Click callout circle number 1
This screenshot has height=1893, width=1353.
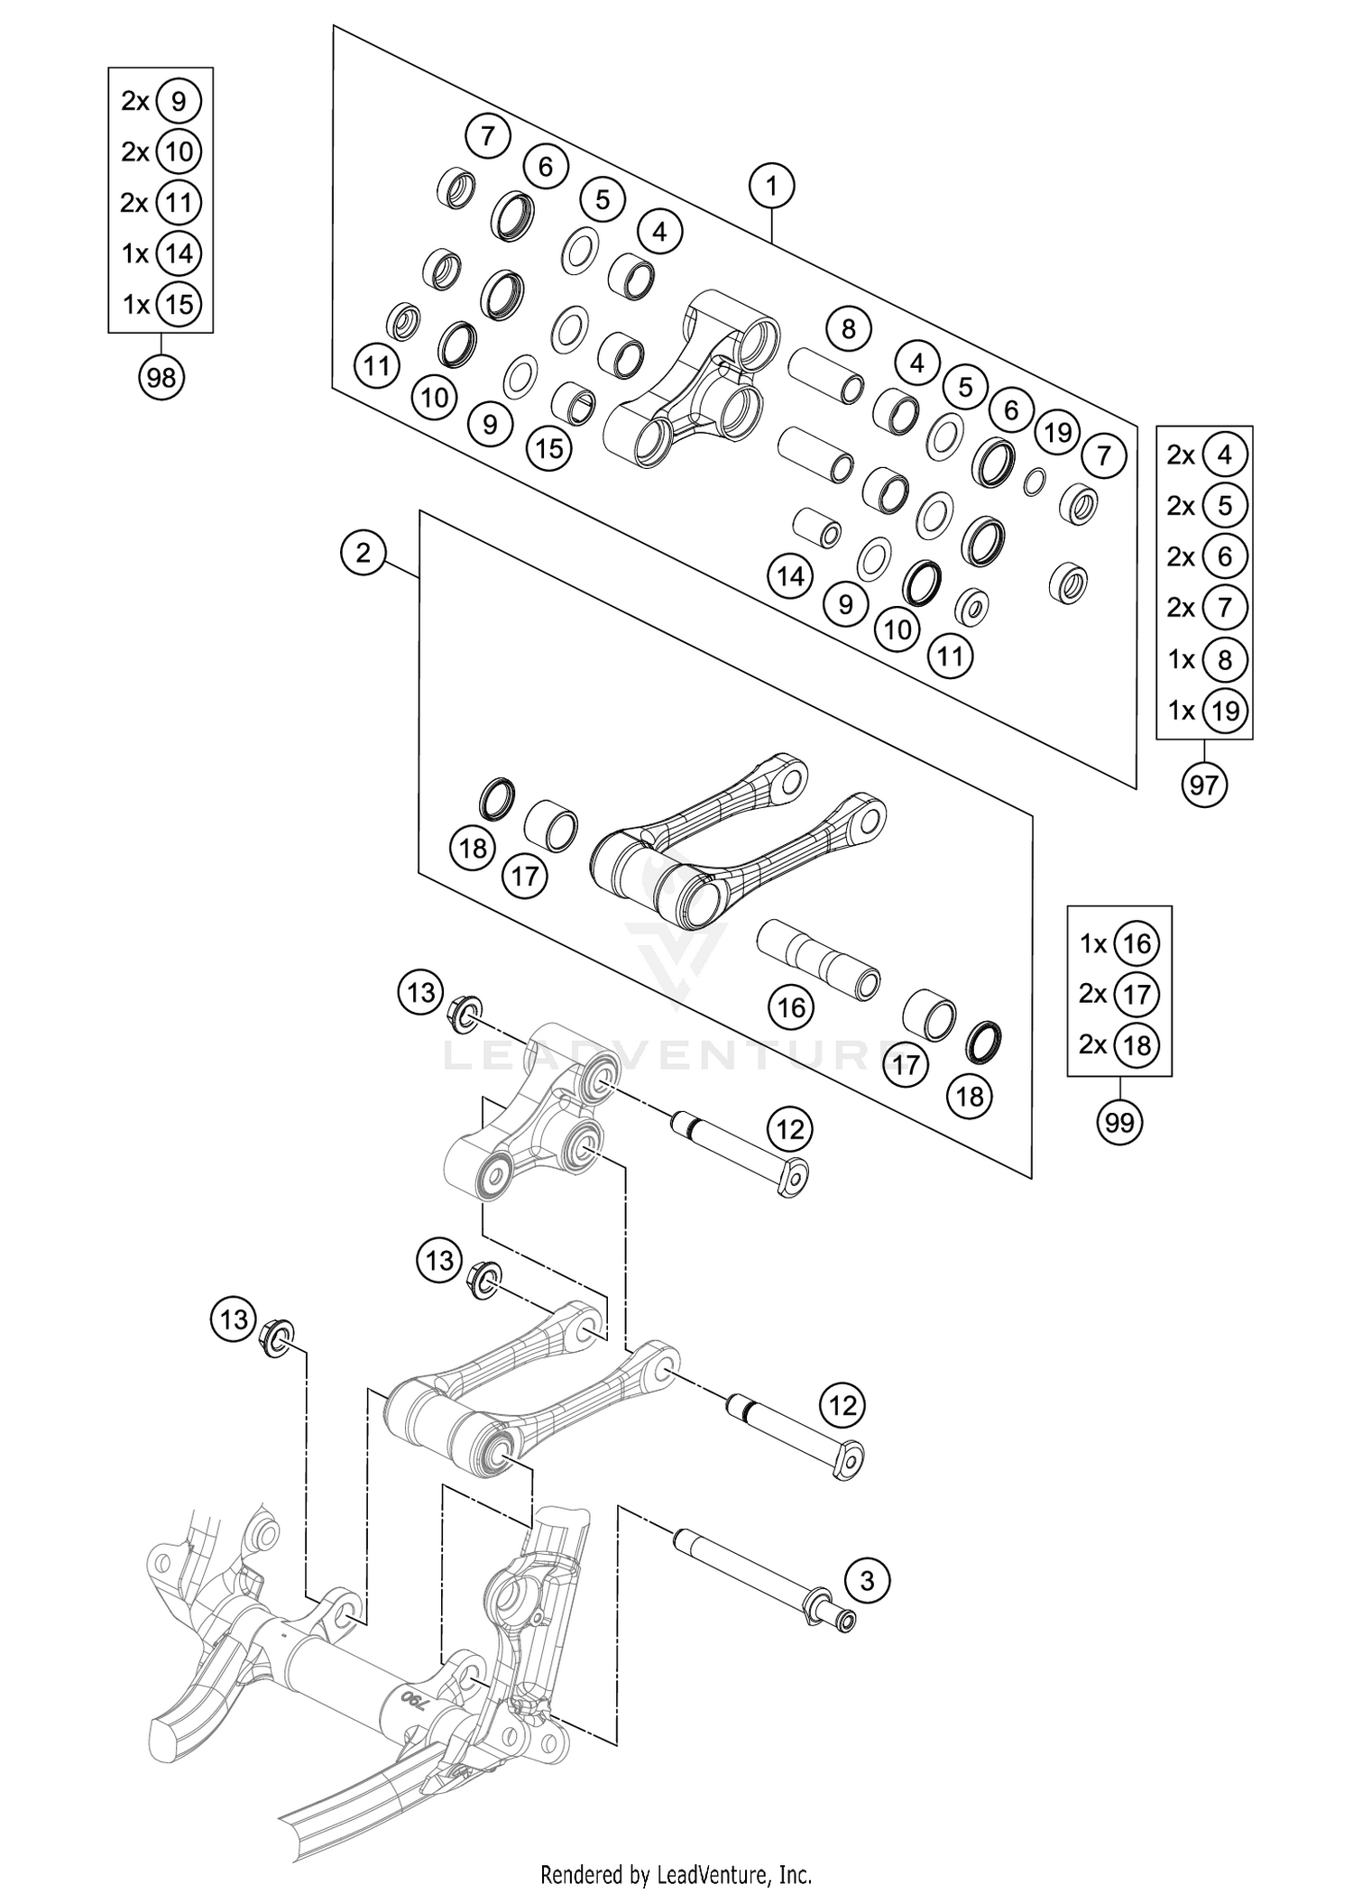tap(771, 187)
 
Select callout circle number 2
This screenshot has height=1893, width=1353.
tap(363, 552)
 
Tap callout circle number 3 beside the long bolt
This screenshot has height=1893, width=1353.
tap(867, 1580)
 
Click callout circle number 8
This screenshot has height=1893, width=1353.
tap(847, 329)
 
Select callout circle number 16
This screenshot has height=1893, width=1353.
tap(791, 1006)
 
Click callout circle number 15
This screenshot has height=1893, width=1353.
tap(549, 448)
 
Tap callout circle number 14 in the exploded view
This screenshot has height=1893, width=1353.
tap(790, 575)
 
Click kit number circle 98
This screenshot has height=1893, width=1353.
tap(161, 377)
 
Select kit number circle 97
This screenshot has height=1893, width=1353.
tap(1203, 785)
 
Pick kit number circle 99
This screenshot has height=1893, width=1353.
tap(1118, 1122)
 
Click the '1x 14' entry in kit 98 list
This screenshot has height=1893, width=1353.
tap(161, 254)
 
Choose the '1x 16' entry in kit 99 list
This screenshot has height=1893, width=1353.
tap(1118, 944)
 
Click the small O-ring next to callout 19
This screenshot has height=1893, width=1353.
tap(1034, 482)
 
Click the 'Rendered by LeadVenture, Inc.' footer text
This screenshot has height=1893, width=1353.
tap(676, 1874)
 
